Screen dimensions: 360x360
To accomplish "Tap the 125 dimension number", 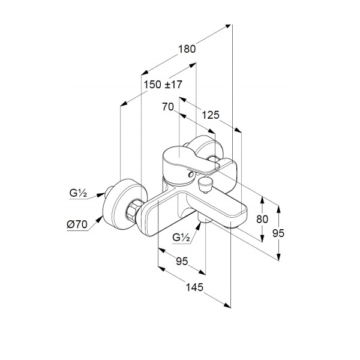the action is pos(210,115).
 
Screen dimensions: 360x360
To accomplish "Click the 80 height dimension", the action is pos(262,219).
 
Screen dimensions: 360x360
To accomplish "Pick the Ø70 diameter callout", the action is pos(77,224).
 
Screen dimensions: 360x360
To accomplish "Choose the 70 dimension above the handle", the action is pos(167,107).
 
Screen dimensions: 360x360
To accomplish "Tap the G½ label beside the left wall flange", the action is pos(78,193).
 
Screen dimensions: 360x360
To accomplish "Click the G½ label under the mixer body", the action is pos(181,237).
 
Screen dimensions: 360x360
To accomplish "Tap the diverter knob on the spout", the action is pos(205,184).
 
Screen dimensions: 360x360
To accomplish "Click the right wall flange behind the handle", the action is pos(205,148).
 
